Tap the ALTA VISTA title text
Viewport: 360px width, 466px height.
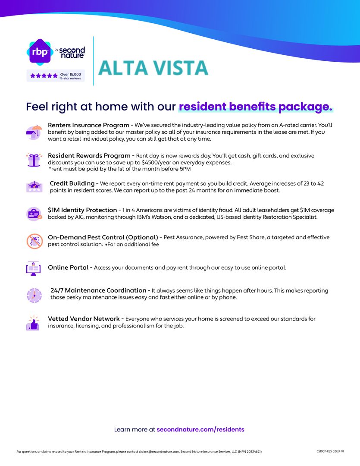click(153, 68)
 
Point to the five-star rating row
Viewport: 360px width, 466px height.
click(44, 76)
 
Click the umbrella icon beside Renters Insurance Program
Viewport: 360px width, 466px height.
click(34, 132)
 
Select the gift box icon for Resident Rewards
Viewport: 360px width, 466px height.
click(34, 160)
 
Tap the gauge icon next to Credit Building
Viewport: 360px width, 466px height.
click(34, 186)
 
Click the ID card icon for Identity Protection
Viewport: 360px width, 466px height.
click(34, 214)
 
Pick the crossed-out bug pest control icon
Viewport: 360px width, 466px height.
click(34, 241)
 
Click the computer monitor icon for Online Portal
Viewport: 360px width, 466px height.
click(33, 268)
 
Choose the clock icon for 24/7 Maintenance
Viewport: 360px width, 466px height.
click(34, 295)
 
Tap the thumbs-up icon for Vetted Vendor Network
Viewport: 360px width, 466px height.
click(33, 323)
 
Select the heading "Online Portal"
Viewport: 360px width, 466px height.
click(68, 268)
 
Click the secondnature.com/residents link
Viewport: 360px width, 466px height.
click(200, 429)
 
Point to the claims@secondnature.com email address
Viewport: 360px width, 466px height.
click(159, 452)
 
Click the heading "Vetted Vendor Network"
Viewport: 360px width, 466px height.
click(84, 319)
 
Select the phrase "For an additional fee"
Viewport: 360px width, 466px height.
click(133, 245)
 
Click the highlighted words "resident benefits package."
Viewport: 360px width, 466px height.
click(256, 107)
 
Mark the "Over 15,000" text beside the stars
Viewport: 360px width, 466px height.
click(70, 74)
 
